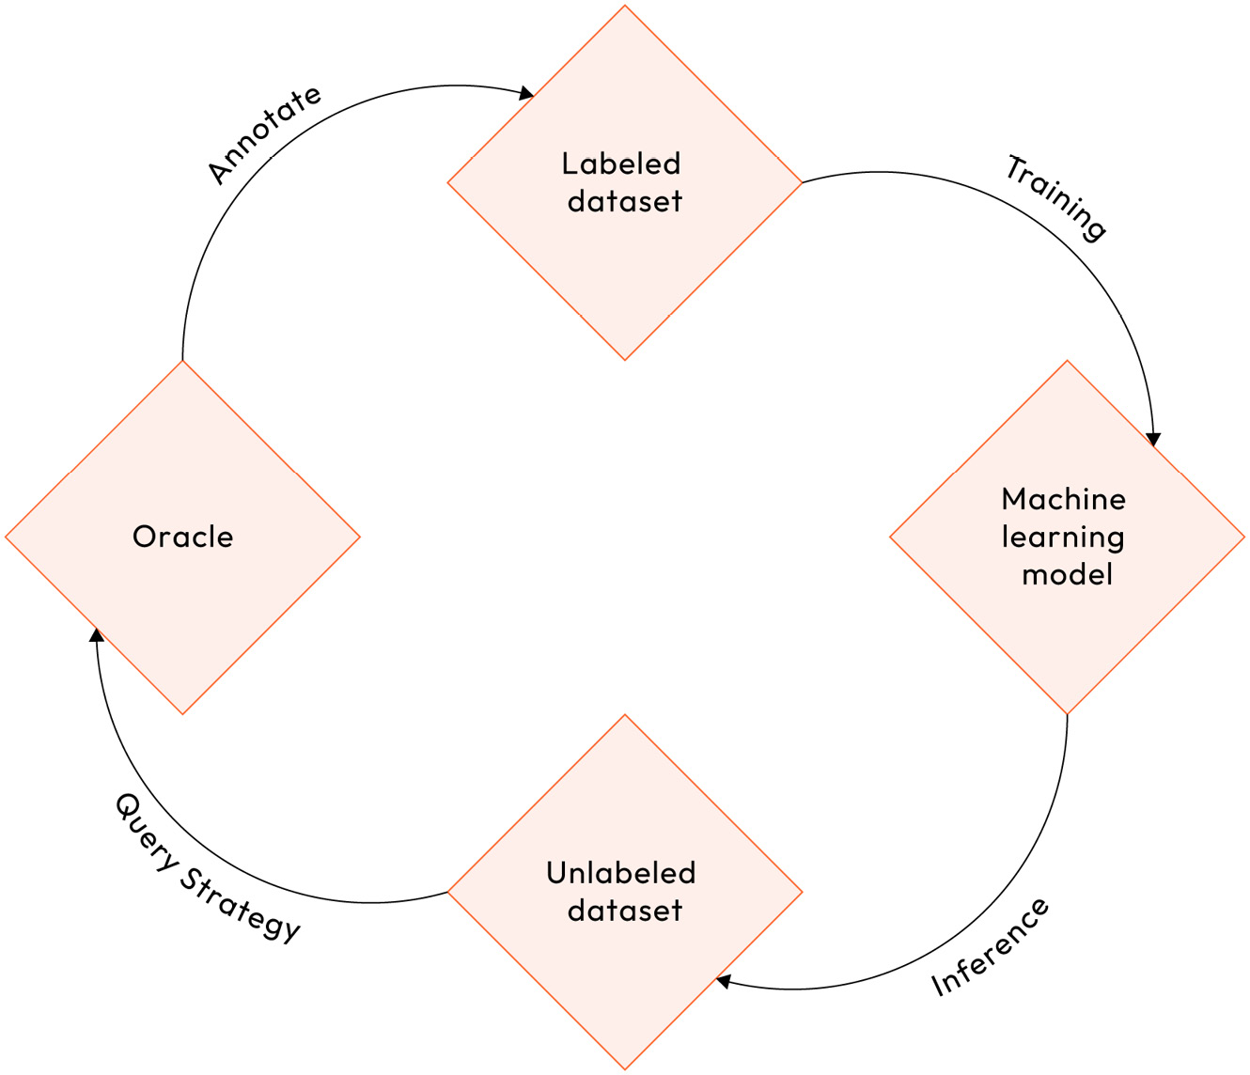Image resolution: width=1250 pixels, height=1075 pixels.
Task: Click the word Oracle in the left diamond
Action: (x=182, y=537)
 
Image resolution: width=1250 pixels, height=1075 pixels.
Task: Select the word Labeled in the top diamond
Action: (x=621, y=164)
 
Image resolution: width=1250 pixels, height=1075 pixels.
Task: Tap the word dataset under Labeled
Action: (x=625, y=201)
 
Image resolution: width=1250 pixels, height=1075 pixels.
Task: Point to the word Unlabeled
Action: (x=621, y=873)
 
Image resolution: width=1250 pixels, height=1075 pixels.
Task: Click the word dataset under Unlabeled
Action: (x=625, y=911)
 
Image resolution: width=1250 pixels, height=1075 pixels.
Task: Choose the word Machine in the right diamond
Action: (x=1064, y=499)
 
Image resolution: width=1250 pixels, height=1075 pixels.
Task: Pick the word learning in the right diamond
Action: (x=1063, y=537)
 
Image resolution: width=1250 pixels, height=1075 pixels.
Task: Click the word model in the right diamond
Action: (x=1068, y=574)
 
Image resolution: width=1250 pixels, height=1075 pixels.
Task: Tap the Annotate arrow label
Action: (x=264, y=134)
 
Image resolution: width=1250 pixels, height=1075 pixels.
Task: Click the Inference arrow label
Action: (x=990, y=947)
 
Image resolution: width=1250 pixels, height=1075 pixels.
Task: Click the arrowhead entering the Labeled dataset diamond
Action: (x=527, y=93)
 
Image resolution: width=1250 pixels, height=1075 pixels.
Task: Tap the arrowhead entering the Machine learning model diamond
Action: (x=1154, y=440)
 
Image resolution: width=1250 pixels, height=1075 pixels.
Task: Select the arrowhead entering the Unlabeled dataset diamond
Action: (x=724, y=982)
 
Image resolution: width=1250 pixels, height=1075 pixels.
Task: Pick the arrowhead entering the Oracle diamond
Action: (x=97, y=635)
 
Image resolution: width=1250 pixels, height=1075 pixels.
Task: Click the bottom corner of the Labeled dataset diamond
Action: (x=625, y=360)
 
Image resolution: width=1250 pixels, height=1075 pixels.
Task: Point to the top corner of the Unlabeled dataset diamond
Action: (x=625, y=715)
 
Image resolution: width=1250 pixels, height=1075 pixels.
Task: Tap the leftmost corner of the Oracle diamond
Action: (x=7, y=537)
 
